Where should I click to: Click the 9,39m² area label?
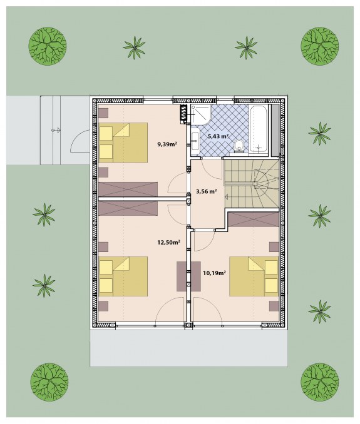pyautogui.click(x=167, y=144)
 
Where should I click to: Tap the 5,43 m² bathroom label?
pyautogui.click(x=218, y=136)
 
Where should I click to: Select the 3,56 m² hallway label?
pyautogui.click(x=206, y=192)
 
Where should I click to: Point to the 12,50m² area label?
pyautogui.click(x=169, y=242)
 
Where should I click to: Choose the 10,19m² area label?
pyautogui.click(x=214, y=273)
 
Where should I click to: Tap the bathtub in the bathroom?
pyautogui.click(x=259, y=129)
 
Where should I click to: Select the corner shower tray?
pyautogui.click(x=201, y=114)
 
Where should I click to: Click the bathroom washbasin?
pyautogui.click(x=195, y=141)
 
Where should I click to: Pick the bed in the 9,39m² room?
pyautogui.click(x=123, y=143)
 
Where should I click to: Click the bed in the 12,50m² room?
pyautogui.click(x=123, y=276)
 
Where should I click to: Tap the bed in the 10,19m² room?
pyautogui.click(x=254, y=276)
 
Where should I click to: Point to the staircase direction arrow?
pyautogui.click(x=227, y=197)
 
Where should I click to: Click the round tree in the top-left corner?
pyautogui.click(x=48, y=46)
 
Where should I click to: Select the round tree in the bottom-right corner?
pyautogui.click(x=320, y=382)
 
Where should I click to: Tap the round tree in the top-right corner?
pyautogui.click(x=320, y=46)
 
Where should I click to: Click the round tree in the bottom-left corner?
pyautogui.click(x=49, y=382)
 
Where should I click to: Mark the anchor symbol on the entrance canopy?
pyautogui.click(x=56, y=130)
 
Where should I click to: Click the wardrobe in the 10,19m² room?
pyautogui.click(x=254, y=220)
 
